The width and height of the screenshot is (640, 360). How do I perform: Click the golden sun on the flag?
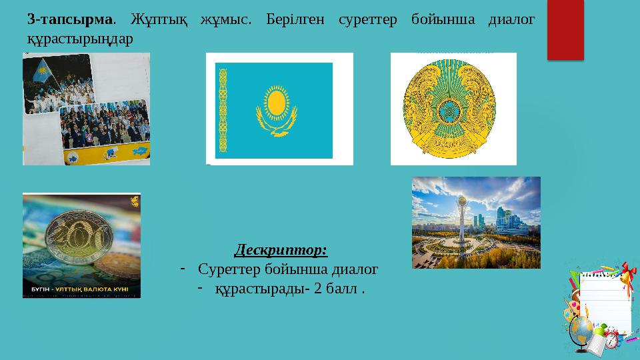click(x=277, y=101)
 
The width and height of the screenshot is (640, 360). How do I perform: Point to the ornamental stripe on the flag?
click(x=223, y=110)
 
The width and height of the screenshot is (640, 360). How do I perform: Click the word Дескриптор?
click(x=281, y=251)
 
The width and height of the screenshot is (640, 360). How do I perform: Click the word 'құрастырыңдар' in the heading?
click(x=79, y=38)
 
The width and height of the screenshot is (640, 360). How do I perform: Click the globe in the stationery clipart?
click(x=583, y=327)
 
